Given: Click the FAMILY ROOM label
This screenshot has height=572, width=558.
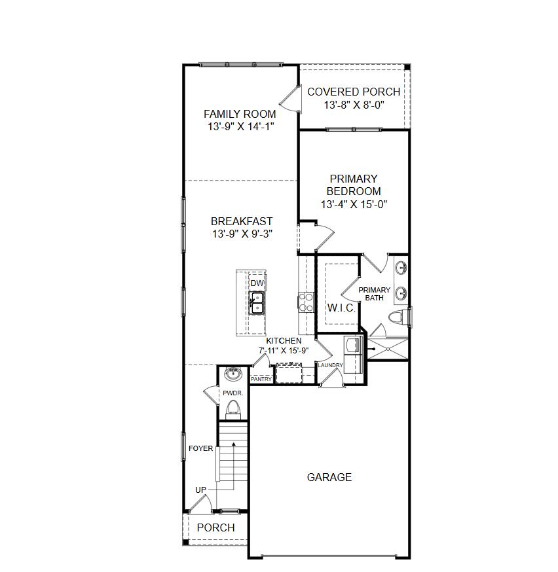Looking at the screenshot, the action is [240, 114].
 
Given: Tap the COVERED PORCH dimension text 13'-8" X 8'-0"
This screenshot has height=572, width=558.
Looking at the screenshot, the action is [354, 105].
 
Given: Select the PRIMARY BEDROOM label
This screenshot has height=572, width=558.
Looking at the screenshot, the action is [354, 185].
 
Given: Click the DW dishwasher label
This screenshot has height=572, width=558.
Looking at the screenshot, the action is [257, 283].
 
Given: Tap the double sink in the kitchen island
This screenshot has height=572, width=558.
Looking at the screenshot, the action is [257, 303].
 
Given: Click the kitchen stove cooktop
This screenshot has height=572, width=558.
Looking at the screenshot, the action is [307, 302].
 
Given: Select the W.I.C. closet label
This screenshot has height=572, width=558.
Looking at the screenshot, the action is [341, 308].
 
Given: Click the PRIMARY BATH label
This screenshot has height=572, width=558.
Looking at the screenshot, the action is [375, 294].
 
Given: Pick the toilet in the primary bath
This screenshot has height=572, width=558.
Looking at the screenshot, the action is [398, 317].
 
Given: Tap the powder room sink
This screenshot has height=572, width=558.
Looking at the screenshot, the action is [232, 374].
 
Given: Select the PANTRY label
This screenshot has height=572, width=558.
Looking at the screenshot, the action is [261, 379].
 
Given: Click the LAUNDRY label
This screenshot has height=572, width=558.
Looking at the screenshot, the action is [330, 365].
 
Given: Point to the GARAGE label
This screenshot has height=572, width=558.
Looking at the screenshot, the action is [329, 477].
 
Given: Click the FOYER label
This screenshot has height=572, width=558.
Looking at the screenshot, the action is [200, 448].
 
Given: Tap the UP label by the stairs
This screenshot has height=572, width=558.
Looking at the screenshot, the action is [200, 490].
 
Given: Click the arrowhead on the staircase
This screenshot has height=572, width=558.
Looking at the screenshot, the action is [234, 444].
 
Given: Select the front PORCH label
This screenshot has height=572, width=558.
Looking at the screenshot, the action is [215, 527].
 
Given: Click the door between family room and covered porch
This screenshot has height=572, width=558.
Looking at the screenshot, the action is [290, 99].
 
